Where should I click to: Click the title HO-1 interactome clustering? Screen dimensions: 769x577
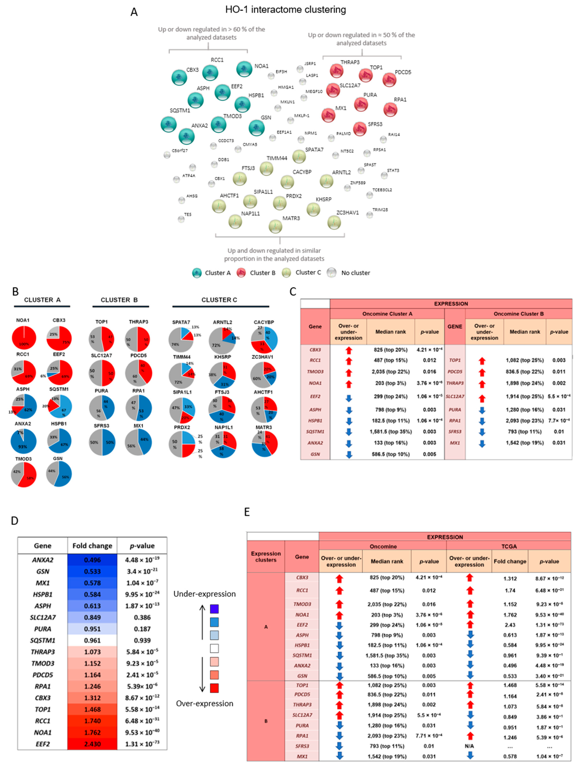(285, 10)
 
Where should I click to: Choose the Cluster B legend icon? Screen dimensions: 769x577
(241, 273)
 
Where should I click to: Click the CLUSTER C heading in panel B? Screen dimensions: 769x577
(219, 300)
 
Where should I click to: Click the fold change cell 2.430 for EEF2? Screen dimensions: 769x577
(92, 744)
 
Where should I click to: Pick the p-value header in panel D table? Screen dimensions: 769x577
(142, 546)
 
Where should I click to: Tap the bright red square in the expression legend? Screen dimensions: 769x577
(214, 688)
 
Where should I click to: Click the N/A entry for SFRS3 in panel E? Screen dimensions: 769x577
(469, 746)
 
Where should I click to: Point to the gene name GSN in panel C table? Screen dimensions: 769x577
(315, 454)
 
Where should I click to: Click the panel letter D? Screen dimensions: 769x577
(15, 520)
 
